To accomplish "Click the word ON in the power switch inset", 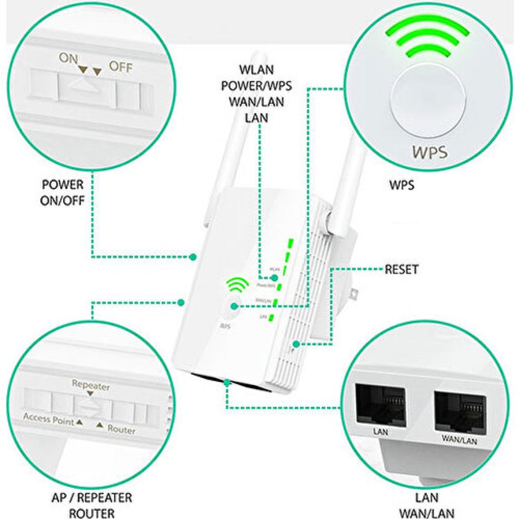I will click(68, 58).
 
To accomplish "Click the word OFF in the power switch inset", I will click(120, 67).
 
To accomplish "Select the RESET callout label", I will click(401, 269).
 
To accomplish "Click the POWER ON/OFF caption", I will click(62, 192).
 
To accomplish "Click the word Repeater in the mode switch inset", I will click(91, 385).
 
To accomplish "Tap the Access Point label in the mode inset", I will click(49, 419).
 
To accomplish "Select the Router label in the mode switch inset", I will click(121, 429).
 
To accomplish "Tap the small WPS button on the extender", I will click(231, 309).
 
